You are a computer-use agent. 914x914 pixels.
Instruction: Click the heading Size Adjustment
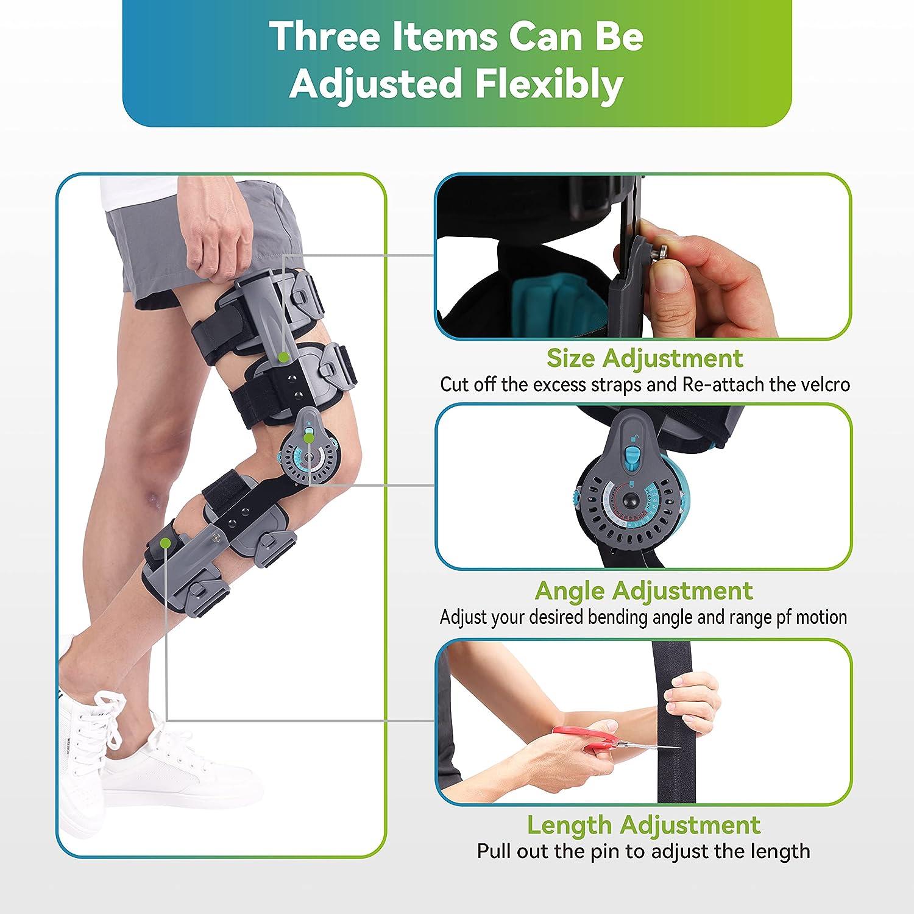tap(645, 358)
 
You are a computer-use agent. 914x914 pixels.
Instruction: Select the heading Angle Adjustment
tap(643, 590)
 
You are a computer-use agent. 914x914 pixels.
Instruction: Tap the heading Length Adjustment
tap(643, 825)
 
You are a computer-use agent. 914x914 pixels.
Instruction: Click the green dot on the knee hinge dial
tap(310, 437)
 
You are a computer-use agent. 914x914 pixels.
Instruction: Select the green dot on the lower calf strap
tap(166, 541)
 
